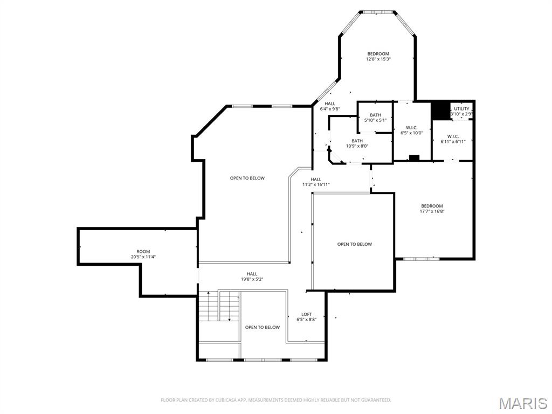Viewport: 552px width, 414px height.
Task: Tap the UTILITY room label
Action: [461, 109]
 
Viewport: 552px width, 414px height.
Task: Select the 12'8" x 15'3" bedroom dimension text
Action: [378, 59]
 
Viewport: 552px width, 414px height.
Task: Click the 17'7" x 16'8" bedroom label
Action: [432, 209]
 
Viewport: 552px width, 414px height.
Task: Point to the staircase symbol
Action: [219, 306]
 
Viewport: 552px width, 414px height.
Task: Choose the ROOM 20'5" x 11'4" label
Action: [143, 254]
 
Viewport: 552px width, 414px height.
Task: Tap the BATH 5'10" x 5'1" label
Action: [375, 118]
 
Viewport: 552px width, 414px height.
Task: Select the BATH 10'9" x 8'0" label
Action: [357, 143]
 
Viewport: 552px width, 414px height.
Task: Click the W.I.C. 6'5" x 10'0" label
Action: [411, 130]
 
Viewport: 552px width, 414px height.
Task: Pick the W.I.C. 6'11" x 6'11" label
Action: [453, 139]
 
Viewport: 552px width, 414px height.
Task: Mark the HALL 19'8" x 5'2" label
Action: [252, 277]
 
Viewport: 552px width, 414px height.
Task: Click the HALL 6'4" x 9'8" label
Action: [329, 106]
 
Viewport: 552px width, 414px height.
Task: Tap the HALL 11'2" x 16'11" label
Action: [316, 182]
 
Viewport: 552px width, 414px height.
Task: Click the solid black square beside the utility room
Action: [441, 111]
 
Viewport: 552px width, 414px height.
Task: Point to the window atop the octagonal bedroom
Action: [377, 11]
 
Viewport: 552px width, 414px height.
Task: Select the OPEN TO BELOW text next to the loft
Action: [263, 327]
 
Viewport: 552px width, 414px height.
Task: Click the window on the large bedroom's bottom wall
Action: [421, 259]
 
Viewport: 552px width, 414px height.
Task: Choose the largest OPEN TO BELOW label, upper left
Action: [247, 178]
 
